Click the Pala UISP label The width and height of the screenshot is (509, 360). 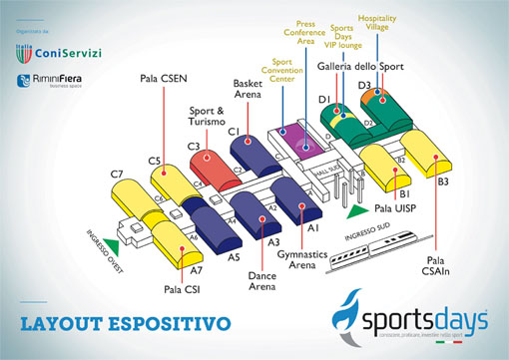(396, 211)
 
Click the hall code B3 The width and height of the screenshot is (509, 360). (443, 182)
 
